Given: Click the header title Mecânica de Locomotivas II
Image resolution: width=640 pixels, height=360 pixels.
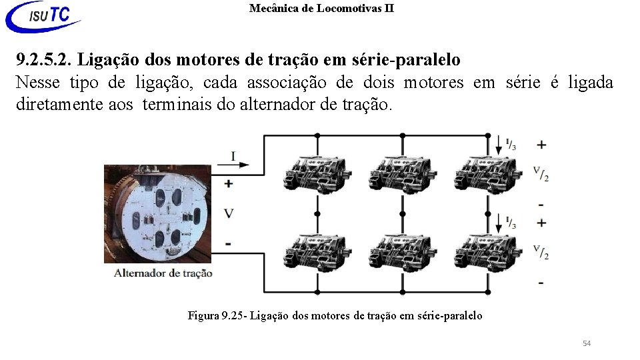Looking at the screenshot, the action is click(321, 9).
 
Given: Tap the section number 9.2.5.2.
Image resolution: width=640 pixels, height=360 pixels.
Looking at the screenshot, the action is click(44, 60).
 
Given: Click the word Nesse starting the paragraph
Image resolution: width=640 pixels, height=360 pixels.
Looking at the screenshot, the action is click(37, 83).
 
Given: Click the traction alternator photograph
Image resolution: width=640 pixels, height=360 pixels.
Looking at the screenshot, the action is click(157, 213).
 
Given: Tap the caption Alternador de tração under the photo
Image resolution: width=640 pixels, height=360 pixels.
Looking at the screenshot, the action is click(163, 272).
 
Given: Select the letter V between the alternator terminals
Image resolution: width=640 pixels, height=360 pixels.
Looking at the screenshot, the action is click(229, 213).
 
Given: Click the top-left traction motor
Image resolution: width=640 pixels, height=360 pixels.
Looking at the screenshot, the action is click(317, 175).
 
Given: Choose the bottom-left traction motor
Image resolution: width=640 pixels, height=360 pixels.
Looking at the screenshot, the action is click(317, 252).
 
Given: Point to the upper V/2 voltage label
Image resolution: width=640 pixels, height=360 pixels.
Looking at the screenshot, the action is click(541, 173).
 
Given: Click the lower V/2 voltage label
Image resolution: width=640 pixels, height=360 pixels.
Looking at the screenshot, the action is click(541, 251).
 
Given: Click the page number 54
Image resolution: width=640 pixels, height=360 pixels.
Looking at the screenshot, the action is click(586, 343).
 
